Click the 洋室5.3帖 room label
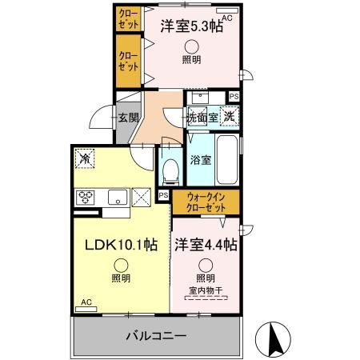(x=190, y=25)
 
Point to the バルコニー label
(x=156, y=336)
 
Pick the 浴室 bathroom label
(x=201, y=159)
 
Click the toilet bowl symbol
(x=170, y=167)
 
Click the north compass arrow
(x=272, y=340)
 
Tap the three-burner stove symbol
(x=86, y=197)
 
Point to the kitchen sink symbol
(x=115, y=197)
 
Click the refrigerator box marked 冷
(x=85, y=158)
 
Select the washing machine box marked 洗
(x=229, y=115)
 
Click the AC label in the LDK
(x=86, y=303)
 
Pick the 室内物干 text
(x=206, y=290)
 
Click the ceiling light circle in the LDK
(x=121, y=265)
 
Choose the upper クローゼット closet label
(x=128, y=17)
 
